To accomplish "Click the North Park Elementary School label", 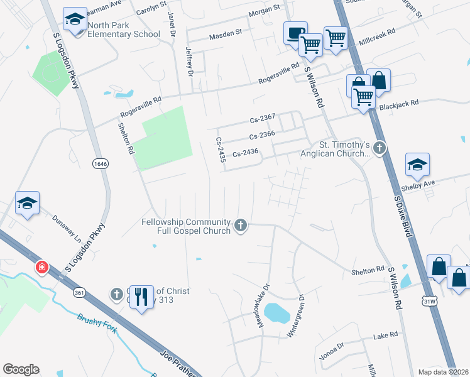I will [x=124, y=30].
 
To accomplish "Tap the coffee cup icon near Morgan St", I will [x=294, y=33].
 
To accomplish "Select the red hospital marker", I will [x=41, y=268].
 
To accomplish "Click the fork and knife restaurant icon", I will [x=142, y=295].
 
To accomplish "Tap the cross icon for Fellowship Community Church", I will [x=240, y=225].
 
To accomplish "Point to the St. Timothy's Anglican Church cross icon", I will [x=379, y=148].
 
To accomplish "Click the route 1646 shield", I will [x=100, y=163].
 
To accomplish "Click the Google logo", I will [x=21, y=369].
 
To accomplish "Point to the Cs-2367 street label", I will [x=263, y=119].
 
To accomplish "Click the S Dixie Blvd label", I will [x=406, y=216].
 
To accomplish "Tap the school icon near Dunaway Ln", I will [x=28, y=203].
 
